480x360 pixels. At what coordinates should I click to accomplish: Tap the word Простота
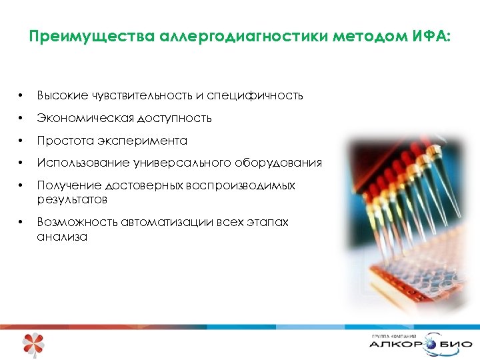point(64,141)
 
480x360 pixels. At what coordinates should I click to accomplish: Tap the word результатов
point(72,199)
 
